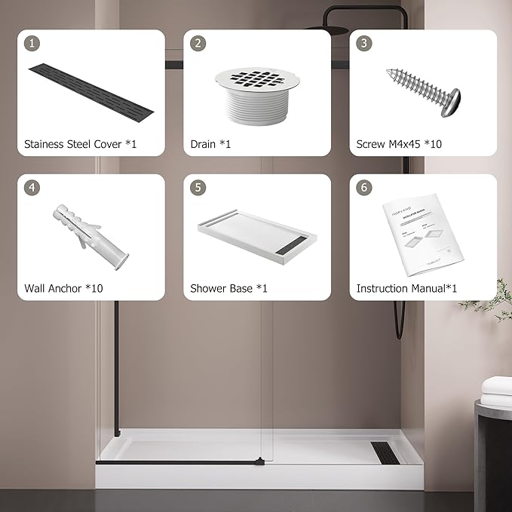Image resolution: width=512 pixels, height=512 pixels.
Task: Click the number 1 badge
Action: point(32,43)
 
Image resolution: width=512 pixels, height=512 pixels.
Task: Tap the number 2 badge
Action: point(198,43)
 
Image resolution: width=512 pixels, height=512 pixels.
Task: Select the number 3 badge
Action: point(364,43)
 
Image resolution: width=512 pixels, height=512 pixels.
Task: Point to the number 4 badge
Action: point(32,188)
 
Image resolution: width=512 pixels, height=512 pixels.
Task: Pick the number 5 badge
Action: point(198,188)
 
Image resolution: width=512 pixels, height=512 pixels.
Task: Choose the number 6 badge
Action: point(364,188)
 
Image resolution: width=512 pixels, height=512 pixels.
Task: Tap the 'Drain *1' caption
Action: point(210,143)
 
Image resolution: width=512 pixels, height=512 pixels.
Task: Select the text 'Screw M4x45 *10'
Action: point(399,143)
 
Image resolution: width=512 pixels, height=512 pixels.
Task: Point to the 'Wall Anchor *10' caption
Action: point(63,288)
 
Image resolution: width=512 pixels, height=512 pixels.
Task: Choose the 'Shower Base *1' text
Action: point(228,288)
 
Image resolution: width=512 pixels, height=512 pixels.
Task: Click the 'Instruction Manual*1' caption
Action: point(406,288)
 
